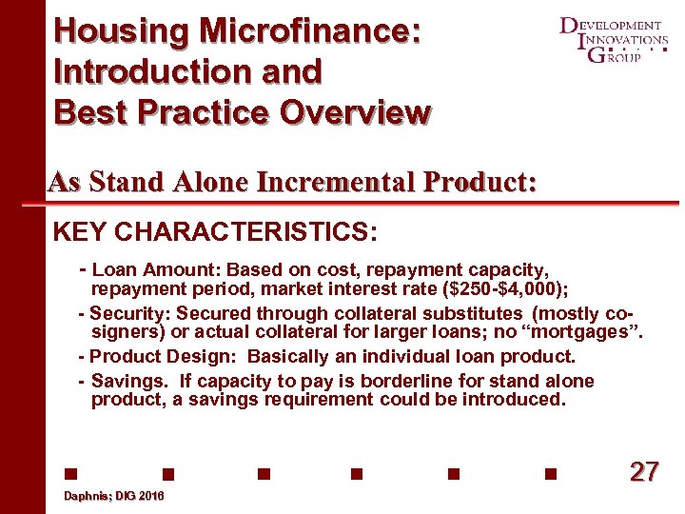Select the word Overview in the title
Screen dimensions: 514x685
point(354,112)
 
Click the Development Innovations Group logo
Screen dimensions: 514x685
point(614,40)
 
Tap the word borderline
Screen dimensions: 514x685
point(418,381)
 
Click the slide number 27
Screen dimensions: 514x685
point(644,472)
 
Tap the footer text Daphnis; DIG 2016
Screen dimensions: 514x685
point(113,497)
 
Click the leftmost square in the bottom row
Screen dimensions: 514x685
point(69,473)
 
